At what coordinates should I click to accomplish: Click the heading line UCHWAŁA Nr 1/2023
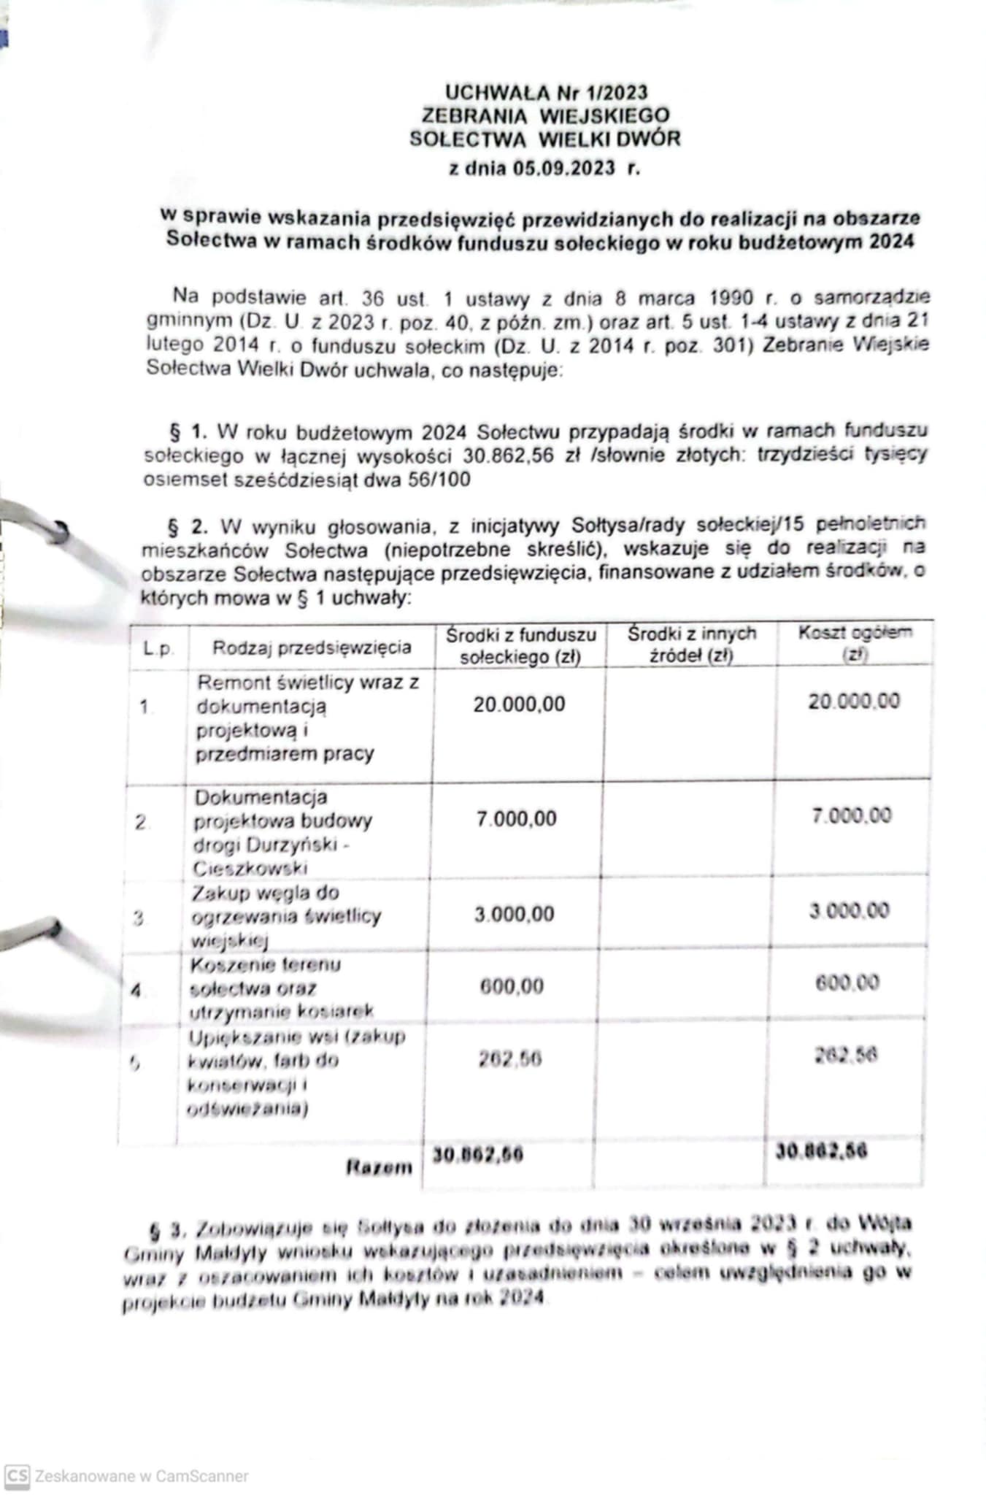546,92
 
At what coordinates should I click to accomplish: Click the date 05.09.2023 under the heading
563,169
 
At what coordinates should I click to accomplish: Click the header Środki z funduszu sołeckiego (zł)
520,645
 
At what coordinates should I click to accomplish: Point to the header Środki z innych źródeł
691,645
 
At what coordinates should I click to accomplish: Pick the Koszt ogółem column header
855,642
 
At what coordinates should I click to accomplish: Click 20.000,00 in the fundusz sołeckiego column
519,704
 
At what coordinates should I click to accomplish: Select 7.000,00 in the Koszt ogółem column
852,815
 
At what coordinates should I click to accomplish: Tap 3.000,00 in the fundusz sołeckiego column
515,914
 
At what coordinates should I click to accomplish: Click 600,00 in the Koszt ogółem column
847,983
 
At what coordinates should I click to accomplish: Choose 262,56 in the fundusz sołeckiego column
510,1058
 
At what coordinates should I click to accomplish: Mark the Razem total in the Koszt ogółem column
821,1152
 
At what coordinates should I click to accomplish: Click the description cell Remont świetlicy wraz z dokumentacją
307,718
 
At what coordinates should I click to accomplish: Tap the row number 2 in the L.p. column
142,823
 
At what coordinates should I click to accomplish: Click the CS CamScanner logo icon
17,1476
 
